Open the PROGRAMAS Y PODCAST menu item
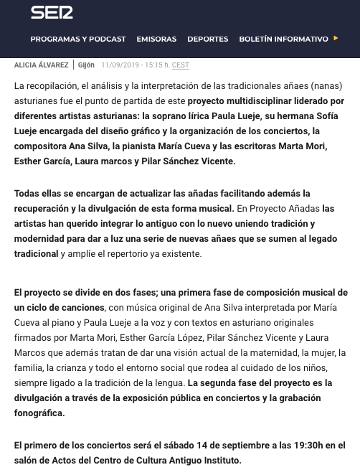point(78,39)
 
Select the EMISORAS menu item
point(156,39)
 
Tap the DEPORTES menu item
point(207,39)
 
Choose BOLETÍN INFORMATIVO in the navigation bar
point(283,39)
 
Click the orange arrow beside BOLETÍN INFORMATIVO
point(336,39)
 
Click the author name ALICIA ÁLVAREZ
point(42,65)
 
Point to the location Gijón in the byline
point(86,65)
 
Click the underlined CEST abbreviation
point(181,65)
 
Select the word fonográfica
point(39,413)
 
